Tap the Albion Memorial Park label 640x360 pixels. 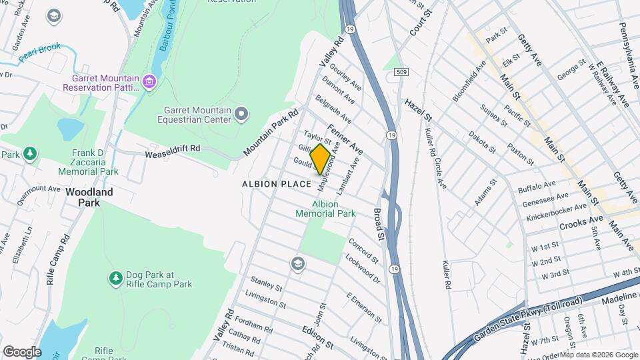tap(325, 209)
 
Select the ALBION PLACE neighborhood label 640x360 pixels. tap(277, 183)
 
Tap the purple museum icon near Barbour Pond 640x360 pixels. tap(150, 83)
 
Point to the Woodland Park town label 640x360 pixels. tap(89, 197)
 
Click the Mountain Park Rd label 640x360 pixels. tap(270, 133)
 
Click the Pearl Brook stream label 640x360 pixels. tap(39, 53)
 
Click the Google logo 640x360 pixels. tap(22, 351)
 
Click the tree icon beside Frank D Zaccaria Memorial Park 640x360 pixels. tap(29, 155)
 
